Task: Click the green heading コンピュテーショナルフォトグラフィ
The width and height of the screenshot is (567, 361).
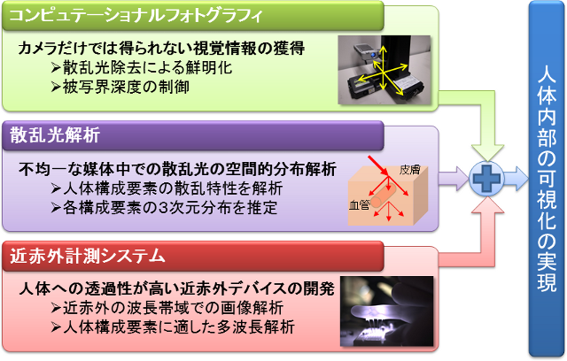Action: tap(136, 16)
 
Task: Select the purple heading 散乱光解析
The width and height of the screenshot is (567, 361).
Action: tap(55, 135)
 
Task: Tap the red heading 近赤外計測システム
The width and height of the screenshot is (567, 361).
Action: tap(87, 256)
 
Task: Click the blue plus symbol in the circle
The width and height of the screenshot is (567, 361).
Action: tap(486, 179)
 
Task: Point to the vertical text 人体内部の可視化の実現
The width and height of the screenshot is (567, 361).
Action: tap(547, 179)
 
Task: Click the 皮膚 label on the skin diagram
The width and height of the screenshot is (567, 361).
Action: tap(409, 170)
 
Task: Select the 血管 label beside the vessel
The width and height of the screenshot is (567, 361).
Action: tap(359, 205)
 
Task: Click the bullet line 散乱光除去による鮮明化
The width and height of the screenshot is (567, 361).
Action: tap(142, 67)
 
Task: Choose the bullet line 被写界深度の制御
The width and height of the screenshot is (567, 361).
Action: tap(120, 87)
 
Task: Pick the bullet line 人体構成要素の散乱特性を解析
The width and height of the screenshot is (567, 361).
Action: tap(167, 188)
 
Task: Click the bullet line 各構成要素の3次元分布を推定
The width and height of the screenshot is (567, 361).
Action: tap(164, 208)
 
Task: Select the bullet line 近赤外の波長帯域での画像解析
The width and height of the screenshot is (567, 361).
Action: tap(167, 308)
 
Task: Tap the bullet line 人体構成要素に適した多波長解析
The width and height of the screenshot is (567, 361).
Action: tap(173, 327)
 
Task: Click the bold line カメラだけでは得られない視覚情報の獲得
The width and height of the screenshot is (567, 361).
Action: tap(161, 49)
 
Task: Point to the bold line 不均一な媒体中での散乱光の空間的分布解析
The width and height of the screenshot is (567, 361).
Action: tap(177, 169)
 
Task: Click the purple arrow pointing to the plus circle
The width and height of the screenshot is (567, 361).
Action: tap(454, 179)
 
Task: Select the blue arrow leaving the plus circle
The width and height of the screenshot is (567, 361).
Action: tap(516, 179)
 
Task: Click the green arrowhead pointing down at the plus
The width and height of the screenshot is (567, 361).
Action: tap(487, 153)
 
